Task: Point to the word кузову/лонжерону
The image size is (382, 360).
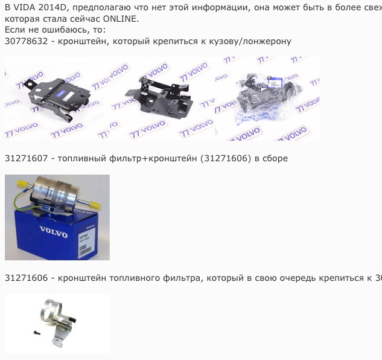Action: pyautogui.click(x=249, y=41)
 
